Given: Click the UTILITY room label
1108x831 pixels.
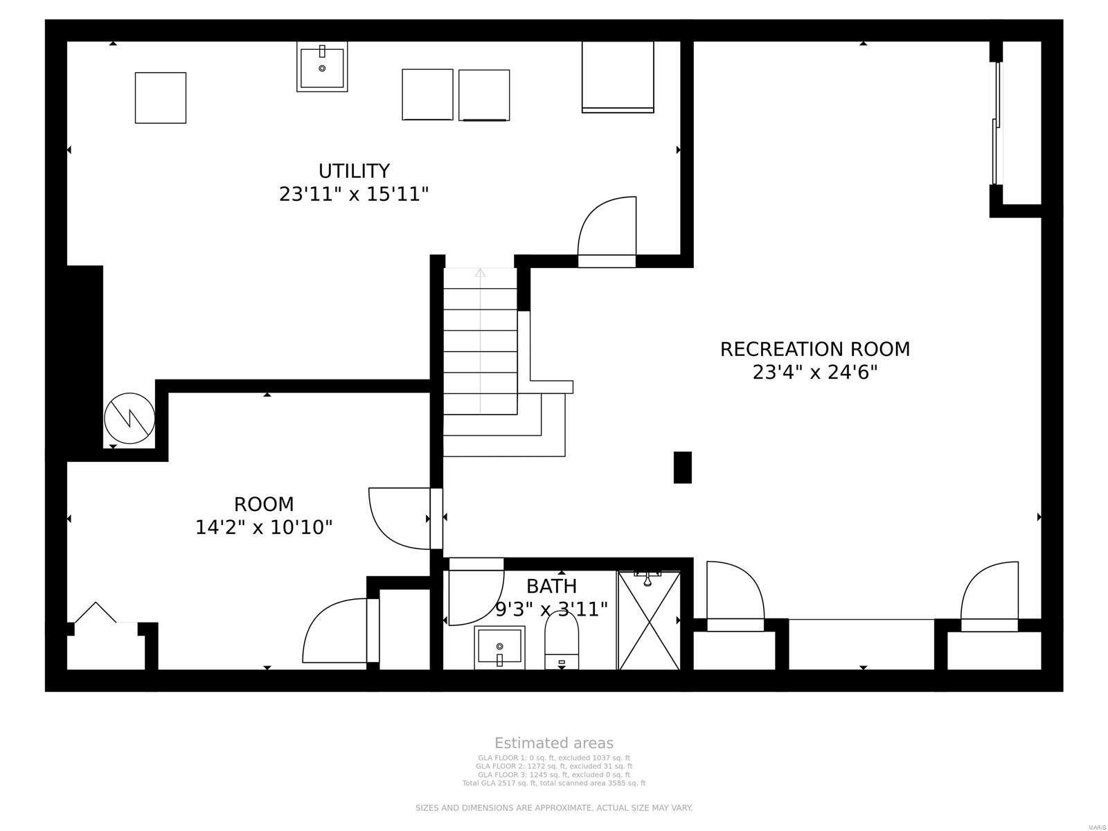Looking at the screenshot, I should point(354,170).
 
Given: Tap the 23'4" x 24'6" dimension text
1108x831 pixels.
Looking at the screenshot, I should point(815,373).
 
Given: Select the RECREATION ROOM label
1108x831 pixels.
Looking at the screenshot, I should point(815,349).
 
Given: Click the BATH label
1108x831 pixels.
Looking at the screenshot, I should point(551,587).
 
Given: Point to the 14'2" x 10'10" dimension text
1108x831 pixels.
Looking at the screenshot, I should point(264,528).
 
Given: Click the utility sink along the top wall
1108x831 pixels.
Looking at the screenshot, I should point(322,67).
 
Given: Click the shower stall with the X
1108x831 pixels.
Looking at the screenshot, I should point(649,620).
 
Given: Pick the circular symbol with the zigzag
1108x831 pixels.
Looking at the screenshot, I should point(129,418).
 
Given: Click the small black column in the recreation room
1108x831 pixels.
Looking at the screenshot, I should point(682,467).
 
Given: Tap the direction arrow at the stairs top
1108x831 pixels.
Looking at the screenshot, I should point(480,273).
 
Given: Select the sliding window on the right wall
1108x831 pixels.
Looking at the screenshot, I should point(997,125).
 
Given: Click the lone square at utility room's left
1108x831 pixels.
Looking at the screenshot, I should point(161,98).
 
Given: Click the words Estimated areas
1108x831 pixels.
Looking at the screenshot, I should point(554,744).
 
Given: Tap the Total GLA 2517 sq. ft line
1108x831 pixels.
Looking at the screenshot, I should point(554,783).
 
